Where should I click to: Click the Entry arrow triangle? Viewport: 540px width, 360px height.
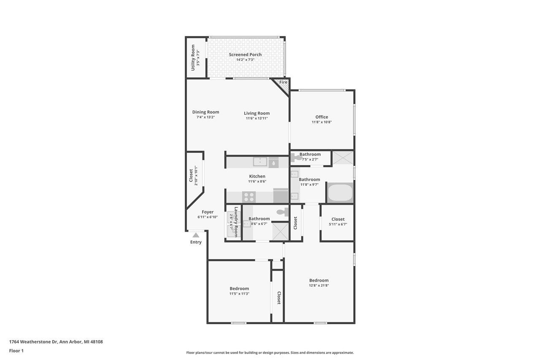(196, 235)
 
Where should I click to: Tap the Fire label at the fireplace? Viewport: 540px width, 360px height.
(283, 82)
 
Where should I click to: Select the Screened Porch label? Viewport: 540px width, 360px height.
(245, 54)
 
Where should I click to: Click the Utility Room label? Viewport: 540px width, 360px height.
(193, 57)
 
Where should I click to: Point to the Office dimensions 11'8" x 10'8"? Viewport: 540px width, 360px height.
(321, 122)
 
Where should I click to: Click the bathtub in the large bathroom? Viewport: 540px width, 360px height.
(340, 193)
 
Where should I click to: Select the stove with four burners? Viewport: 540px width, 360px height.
(248, 197)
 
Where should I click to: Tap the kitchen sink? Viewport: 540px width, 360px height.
(260, 162)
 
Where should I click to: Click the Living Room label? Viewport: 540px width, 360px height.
(256, 113)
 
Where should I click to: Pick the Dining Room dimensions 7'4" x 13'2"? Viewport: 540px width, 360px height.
(205, 117)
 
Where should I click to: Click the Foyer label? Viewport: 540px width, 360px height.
(208, 212)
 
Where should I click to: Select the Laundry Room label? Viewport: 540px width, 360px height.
(236, 222)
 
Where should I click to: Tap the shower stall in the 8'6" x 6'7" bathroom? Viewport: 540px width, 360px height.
(280, 231)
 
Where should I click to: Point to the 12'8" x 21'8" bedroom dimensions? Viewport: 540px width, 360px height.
(319, 286)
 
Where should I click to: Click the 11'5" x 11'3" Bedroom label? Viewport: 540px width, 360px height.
(239, 289)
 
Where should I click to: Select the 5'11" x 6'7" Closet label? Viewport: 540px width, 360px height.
(338, 219)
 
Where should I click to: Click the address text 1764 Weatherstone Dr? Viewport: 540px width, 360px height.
(33, 342)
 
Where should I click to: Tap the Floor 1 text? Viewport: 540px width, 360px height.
(16, 351)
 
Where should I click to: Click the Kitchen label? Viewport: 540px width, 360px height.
(257, 176)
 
